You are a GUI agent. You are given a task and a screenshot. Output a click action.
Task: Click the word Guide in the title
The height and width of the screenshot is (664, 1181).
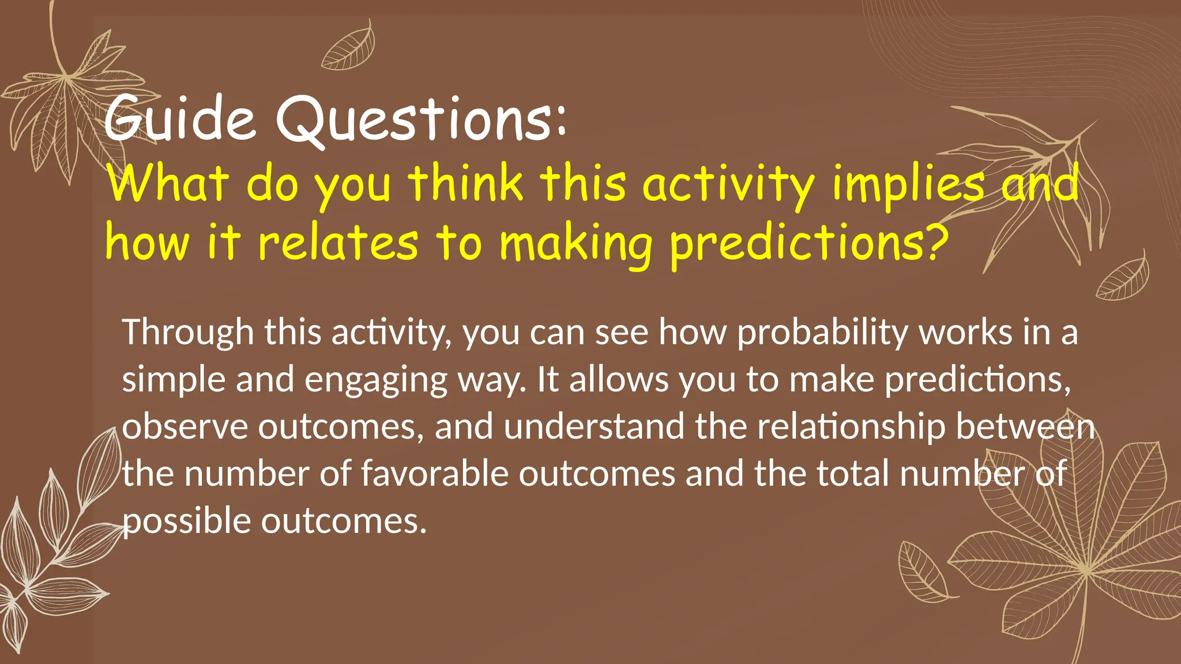[179, 118]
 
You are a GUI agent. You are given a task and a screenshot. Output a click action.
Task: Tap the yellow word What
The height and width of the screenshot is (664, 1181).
[168, 183]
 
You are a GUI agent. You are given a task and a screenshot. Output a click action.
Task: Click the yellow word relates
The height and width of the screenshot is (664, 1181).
[338, 243]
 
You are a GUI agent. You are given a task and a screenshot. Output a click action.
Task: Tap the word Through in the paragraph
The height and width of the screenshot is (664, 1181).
[188, 333]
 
